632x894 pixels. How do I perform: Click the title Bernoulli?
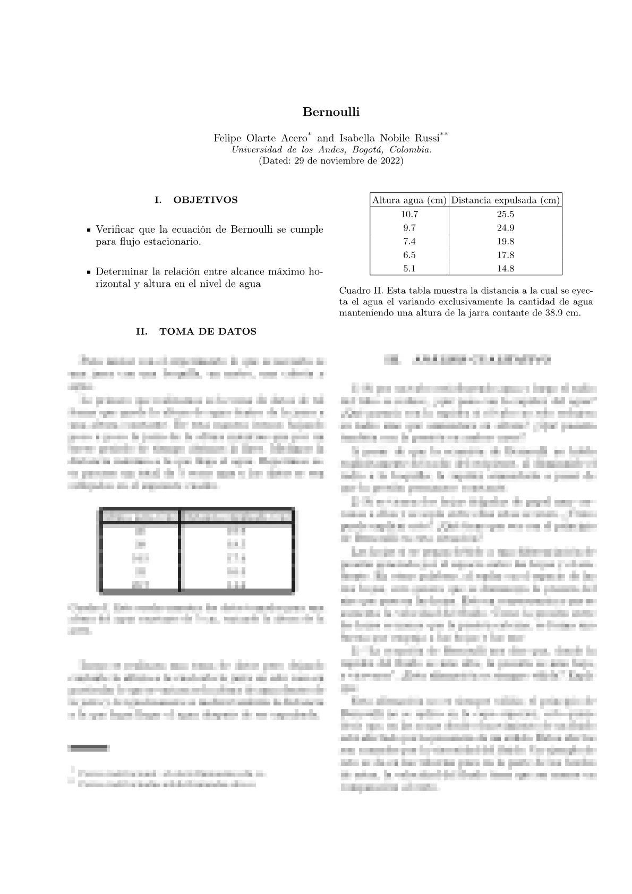331,112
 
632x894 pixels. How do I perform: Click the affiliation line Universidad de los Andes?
331,150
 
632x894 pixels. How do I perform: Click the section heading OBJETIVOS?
206,200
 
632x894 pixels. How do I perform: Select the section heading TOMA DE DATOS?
208,331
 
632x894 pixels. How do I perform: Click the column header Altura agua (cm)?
409,200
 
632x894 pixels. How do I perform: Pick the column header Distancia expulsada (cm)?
505,200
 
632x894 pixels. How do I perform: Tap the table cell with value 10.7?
409,215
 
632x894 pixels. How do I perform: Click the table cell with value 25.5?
505,215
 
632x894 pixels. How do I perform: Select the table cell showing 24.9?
505,228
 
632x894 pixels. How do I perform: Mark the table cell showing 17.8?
505,255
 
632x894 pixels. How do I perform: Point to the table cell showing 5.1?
409,269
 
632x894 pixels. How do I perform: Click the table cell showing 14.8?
505,269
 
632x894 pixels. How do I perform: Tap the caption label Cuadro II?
361,291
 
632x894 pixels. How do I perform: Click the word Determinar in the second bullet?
119,272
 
